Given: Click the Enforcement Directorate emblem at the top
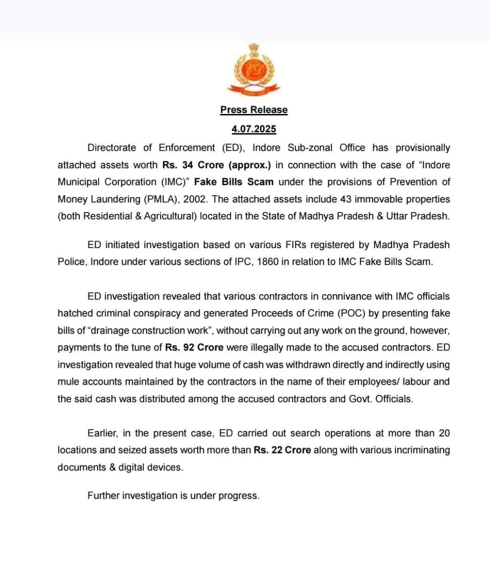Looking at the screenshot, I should tap(254, 69).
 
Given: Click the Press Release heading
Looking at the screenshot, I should tap(254, 110).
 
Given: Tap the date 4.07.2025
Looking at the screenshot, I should tap(254, 129).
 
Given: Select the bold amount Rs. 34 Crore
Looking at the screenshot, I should tap(194, 165).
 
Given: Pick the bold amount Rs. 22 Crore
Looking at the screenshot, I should tap(282, 450).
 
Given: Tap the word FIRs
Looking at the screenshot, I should tap(296, 245).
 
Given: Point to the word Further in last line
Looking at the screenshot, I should tap(103, 496).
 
